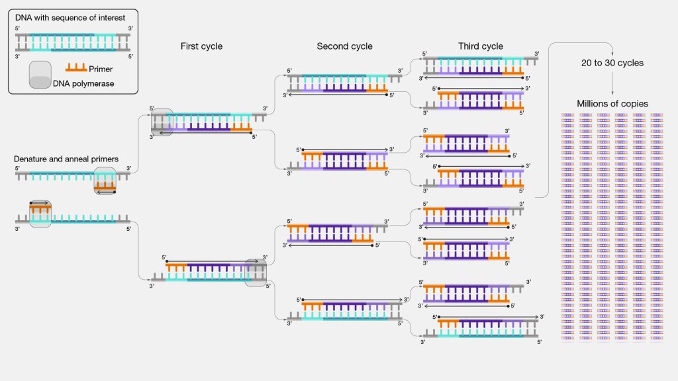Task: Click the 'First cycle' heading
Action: pos(201,46)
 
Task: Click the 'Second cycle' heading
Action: pos(344,46)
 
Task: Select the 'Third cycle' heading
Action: pos(480,46)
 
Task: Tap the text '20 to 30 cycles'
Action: pos(611,63)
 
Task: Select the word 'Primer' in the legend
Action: pos(101,69)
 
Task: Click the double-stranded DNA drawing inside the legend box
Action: pos(73,42)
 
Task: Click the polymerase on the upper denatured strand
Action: pos(105,181)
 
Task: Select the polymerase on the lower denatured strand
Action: pos(40,213)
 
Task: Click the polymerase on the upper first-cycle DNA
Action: pos(162,122)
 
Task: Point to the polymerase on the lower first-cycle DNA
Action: pos(256,273)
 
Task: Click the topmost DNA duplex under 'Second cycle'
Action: pos(344,83)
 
